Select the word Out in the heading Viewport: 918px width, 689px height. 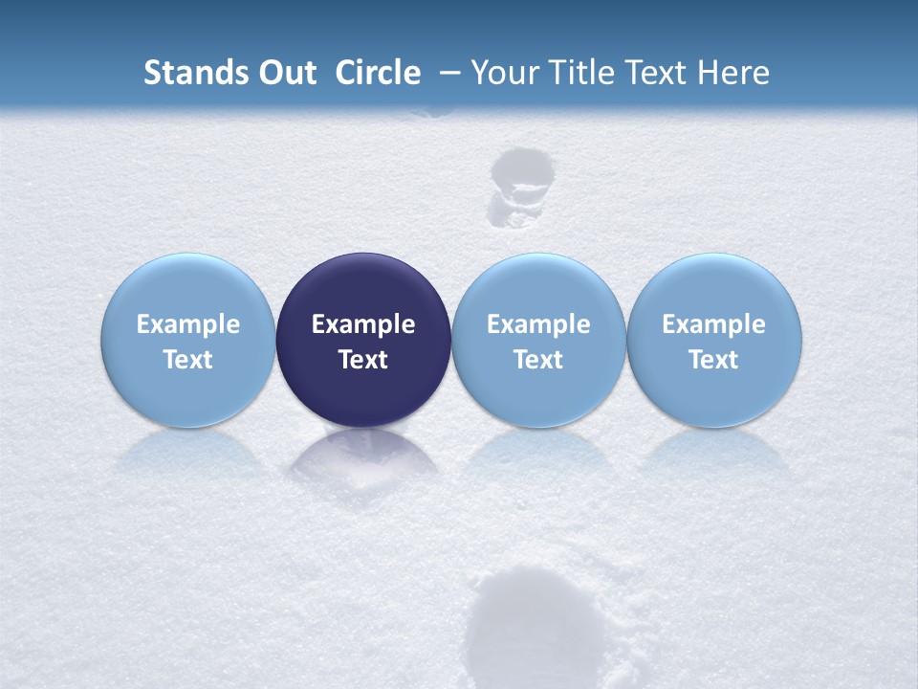(286, 73)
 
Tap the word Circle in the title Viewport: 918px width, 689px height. (378, 73)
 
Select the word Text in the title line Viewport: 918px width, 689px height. (657, 73)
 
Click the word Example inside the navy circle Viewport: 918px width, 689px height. (363, 324)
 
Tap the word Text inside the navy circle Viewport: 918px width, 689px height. (363, 360)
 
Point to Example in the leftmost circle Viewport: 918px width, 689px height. (187, 324)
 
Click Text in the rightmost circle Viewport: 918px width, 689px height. (713, 360)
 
